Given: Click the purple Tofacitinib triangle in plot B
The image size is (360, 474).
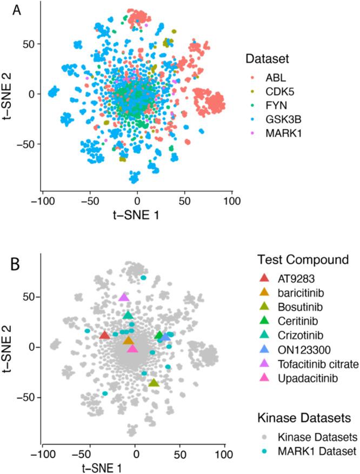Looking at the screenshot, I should (x=124, y=297).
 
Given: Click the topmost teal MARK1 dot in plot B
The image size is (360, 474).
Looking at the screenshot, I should (x=143, y=278).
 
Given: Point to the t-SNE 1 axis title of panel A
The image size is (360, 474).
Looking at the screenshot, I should (x=137, y=215).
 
